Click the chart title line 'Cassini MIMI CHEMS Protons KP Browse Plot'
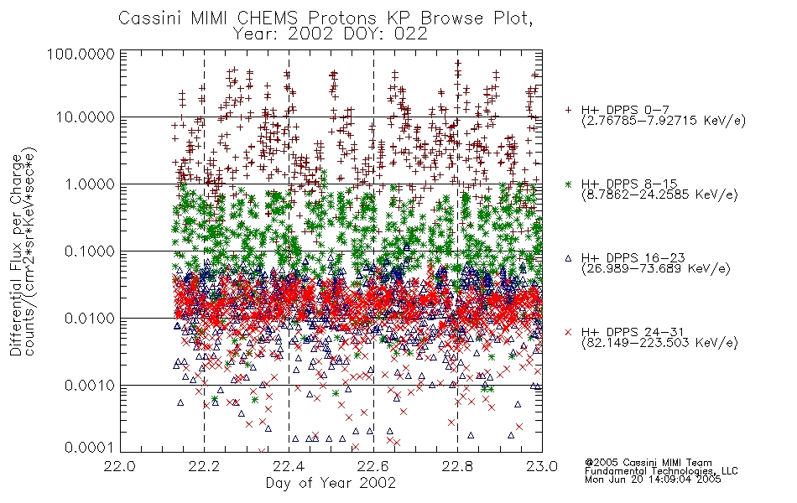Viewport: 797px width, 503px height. pyautogui.click(x=326, y=18)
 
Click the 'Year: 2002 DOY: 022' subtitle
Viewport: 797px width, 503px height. pyautogui.click(x=330, y=34)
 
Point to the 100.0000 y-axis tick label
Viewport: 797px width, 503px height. pyautogui.click(x=81, y=54)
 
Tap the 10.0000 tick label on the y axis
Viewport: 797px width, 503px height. pyautogui.click(x=85, y=117)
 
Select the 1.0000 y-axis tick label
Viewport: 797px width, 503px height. pyautogui.click(x=89, y=184)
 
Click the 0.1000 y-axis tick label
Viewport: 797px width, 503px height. pyautogui.click(x=89, y=251)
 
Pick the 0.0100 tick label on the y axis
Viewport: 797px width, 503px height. pyautogui.click(x=89, y=318)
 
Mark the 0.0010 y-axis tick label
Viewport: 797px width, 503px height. pyautogui.click(x=89, y=385)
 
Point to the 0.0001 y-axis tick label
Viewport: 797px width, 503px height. pyautogui.click(x=89, y=447)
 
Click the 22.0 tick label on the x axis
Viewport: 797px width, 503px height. pyautogui.click(x=120, y=466)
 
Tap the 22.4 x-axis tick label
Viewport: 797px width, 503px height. pyautogui.click(x=289, y=466)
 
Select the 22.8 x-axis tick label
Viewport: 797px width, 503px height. pyautogui.click(x=457, y=466)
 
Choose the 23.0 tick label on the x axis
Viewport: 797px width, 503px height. pyautogui.click(x=542, y=466)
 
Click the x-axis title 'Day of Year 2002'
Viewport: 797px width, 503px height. pyautogui.click(x=331, y=482)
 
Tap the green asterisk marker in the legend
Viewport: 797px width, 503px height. pyautogui.click(x=568, y=184)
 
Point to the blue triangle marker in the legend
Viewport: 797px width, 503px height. pyautogui.click(x=568, y=258)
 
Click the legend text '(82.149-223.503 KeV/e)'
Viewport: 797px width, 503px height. pyautogui.click(x=659, y=343)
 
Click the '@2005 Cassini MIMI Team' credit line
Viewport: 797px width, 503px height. pyautogui.click(x=648, y=463)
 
